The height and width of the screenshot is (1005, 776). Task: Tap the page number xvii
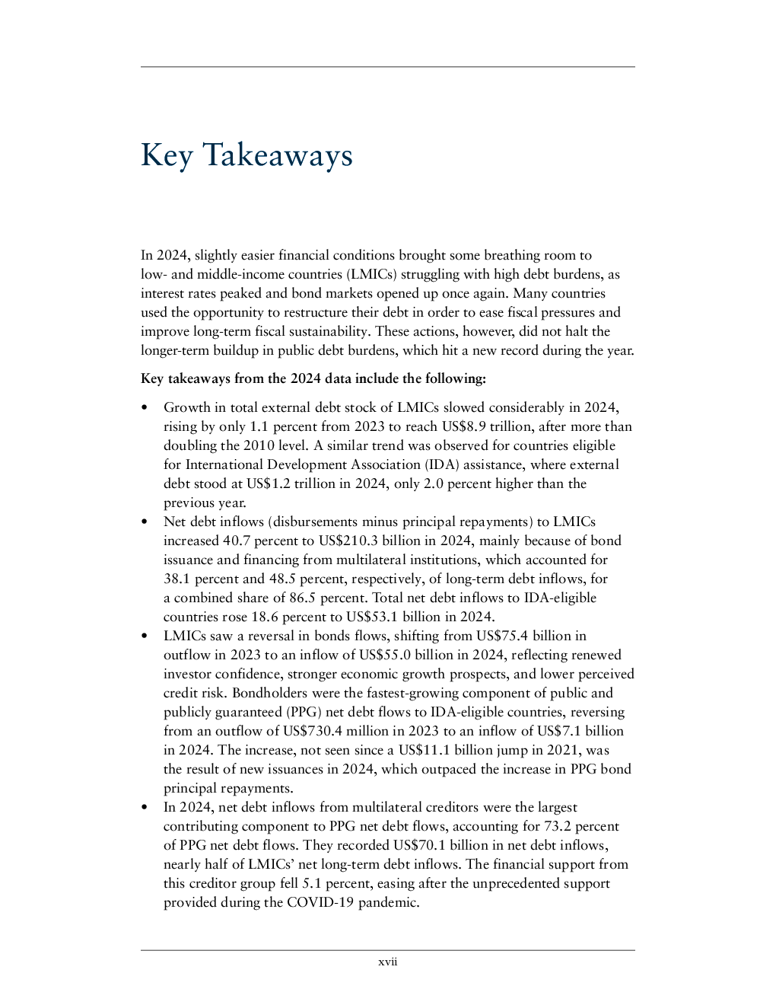[x=388, y=962]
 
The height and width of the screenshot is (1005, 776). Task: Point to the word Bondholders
[x=267, y=693]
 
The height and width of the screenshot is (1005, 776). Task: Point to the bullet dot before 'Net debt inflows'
[x=145, y=522]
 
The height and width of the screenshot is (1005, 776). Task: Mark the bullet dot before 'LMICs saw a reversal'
[x=145, y=636]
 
